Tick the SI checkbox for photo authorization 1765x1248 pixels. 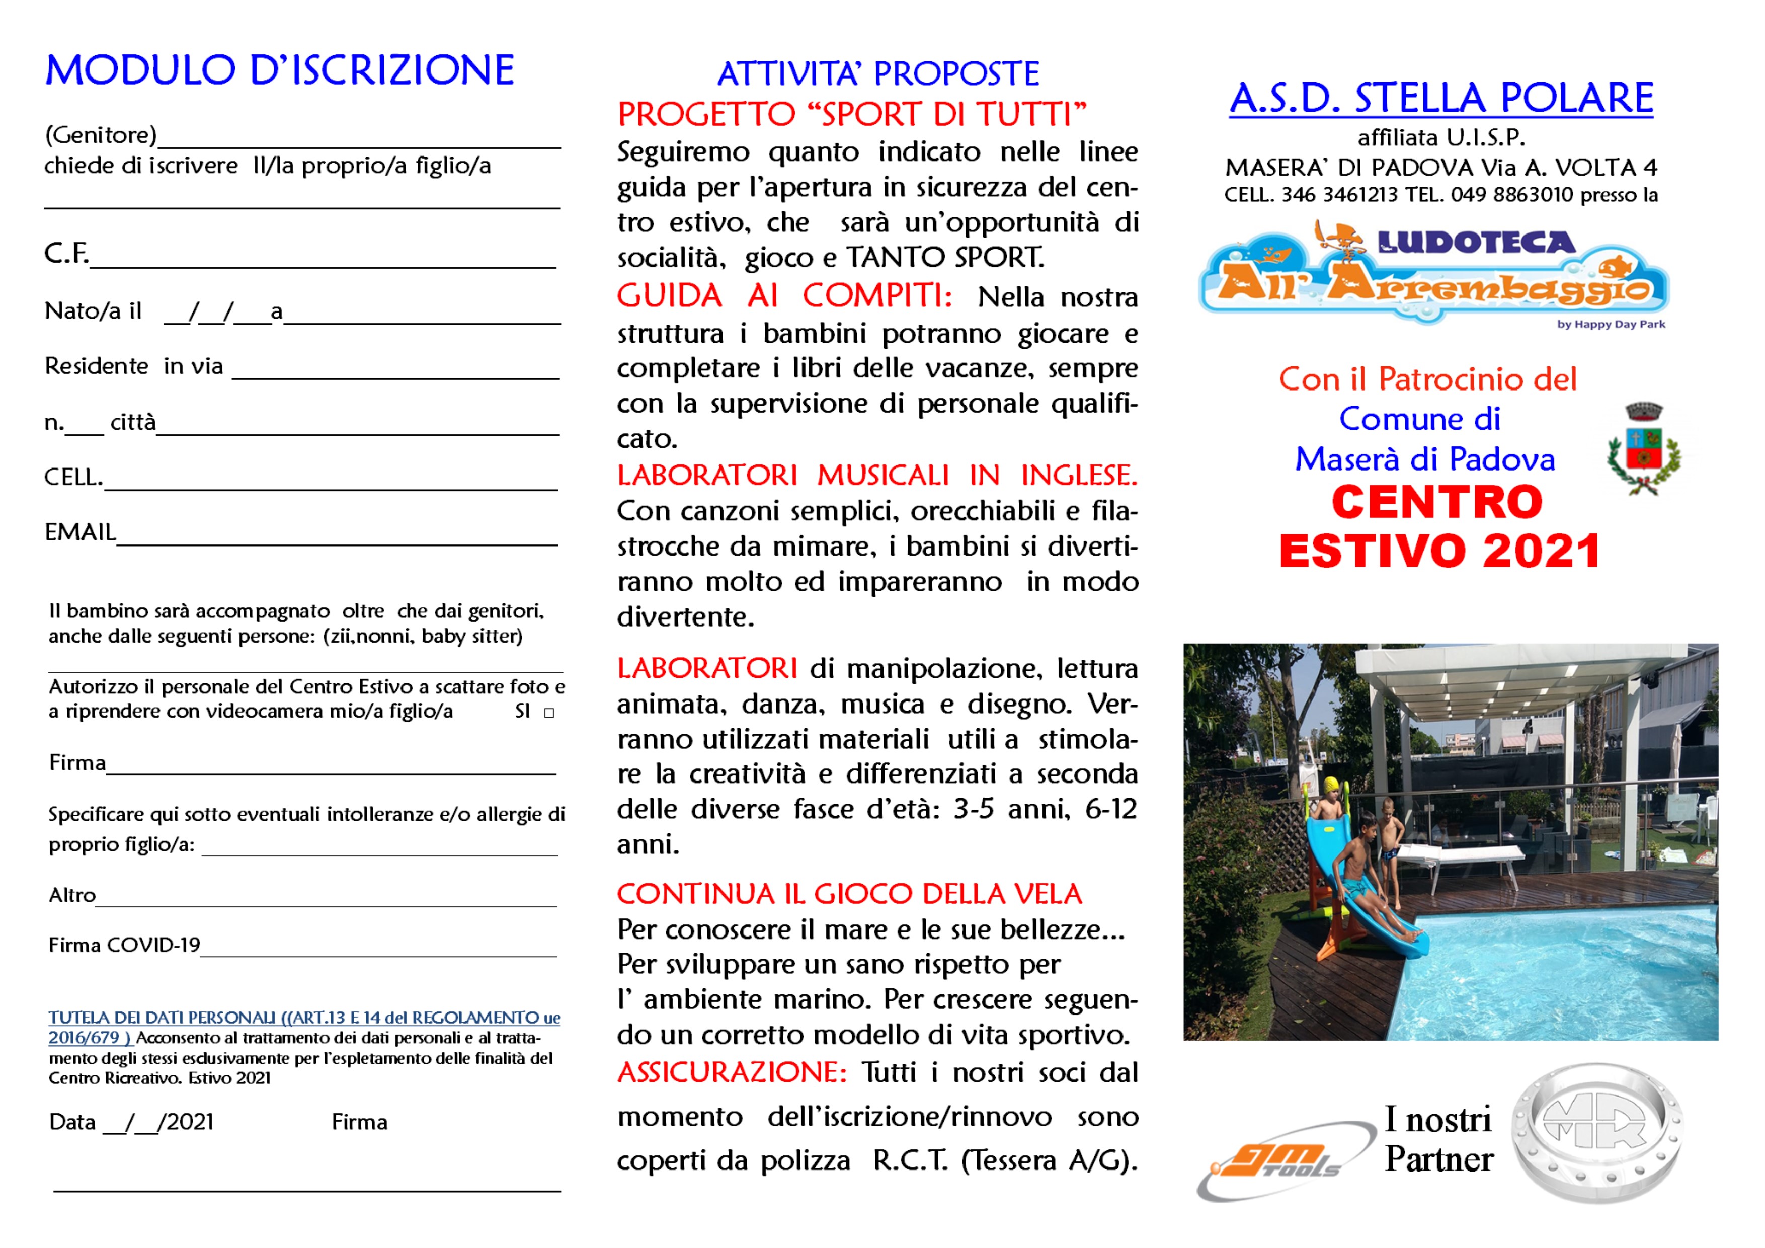[549, 713]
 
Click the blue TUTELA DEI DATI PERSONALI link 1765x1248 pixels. [304, 1018]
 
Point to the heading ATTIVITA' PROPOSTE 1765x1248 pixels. [878, 74]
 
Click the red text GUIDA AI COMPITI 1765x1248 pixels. [784, 296]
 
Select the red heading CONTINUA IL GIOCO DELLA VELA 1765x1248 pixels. [849, 894]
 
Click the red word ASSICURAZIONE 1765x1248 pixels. [731, 1072]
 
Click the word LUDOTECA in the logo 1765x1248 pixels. [1477, 243]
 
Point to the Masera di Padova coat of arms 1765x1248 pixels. [1644, 450]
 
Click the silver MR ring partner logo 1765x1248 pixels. [1596, 1133]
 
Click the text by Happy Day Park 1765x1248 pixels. [1611, 324]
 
